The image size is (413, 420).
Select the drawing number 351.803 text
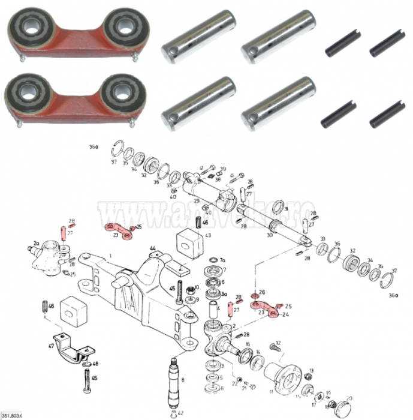14,415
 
